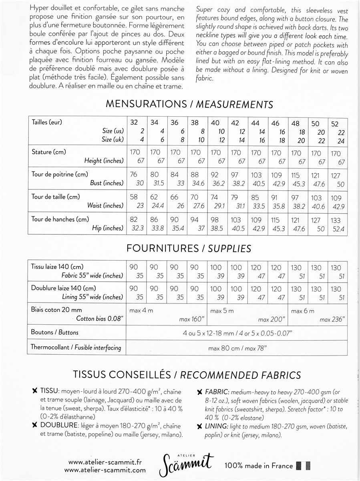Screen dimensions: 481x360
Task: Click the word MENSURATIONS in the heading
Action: pyautogui.click(x=146, y=104)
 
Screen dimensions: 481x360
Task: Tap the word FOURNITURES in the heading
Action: pyautogui.click(x=162, y=249)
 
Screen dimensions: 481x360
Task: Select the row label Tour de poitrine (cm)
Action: pyautogui.click(x=60, y=174)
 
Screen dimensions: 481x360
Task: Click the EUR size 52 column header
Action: pyautogui.click(x=335, y=124)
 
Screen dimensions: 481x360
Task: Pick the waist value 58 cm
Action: pyautogui.click(x=133, y=198)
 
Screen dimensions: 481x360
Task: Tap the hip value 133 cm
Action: pyautogui.click(x=336, y=220)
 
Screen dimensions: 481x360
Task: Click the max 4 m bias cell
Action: pyautogui.click(x=141, y=311)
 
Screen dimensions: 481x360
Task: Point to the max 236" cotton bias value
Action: pyautogui.click(x=332, y=320)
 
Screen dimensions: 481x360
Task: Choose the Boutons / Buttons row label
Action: pyautogui.click(x=54, y=332)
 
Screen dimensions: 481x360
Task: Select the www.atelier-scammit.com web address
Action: pyautogui.click(x=105, y=470)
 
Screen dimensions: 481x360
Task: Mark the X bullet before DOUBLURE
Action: pyautogui.click(x=35, y=425)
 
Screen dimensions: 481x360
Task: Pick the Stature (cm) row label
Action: pyautogui.click(x=49, y=152)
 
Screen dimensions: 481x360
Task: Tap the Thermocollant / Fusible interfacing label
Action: pyautogui.click(x=76, y=348)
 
